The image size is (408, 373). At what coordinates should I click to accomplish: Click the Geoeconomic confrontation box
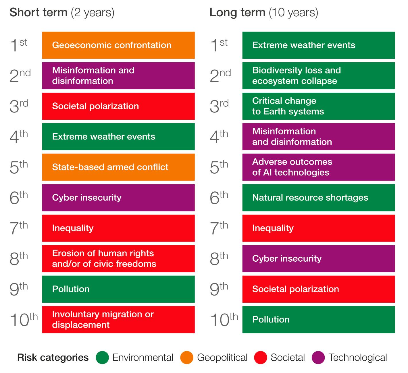[118, 45]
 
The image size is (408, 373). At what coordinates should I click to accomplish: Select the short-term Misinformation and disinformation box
[118, 76]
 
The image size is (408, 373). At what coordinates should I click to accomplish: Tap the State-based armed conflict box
[118, 167]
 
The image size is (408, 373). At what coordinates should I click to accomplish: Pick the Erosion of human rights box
[118, 259]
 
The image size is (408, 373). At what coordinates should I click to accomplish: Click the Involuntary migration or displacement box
[118, 320]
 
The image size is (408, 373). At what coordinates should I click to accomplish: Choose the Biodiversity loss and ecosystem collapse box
[318, 76]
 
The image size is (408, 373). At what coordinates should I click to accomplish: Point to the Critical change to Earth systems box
[318, 106]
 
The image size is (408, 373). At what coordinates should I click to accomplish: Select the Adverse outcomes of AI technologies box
[318, 167]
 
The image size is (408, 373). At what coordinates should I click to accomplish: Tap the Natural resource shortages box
[318, 198]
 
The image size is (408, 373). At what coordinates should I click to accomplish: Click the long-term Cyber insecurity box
[318, 259]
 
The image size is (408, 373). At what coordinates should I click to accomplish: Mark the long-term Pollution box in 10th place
[318, 320]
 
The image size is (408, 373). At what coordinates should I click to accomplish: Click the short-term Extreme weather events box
[118, 137]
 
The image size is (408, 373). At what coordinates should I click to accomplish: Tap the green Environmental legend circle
[102, 358]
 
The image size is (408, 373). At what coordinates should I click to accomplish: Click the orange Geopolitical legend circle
[187, 358]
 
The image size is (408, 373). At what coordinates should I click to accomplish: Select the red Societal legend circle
[261, 358]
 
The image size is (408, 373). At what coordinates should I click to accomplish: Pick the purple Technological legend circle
[318, 358]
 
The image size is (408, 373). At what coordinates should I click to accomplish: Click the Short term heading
[62, 13]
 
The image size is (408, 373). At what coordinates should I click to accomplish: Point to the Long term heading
[263, 13]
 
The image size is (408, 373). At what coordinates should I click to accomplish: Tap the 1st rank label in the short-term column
[18, 45]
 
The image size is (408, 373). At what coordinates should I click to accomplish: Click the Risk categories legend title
[53, 358]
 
